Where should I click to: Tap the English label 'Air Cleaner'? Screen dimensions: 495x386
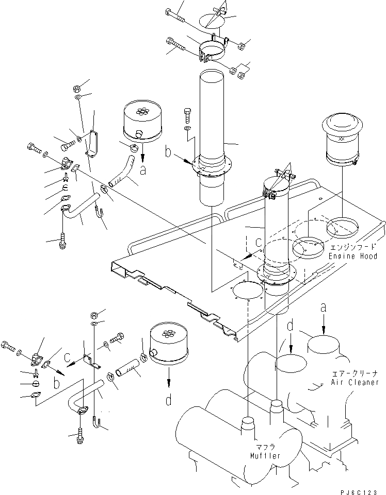point(356,383)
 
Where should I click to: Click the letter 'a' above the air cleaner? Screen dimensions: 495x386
point(324,308)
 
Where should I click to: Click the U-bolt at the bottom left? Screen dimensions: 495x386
point(98,423)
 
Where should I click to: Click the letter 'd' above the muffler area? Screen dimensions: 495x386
point(291,327)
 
